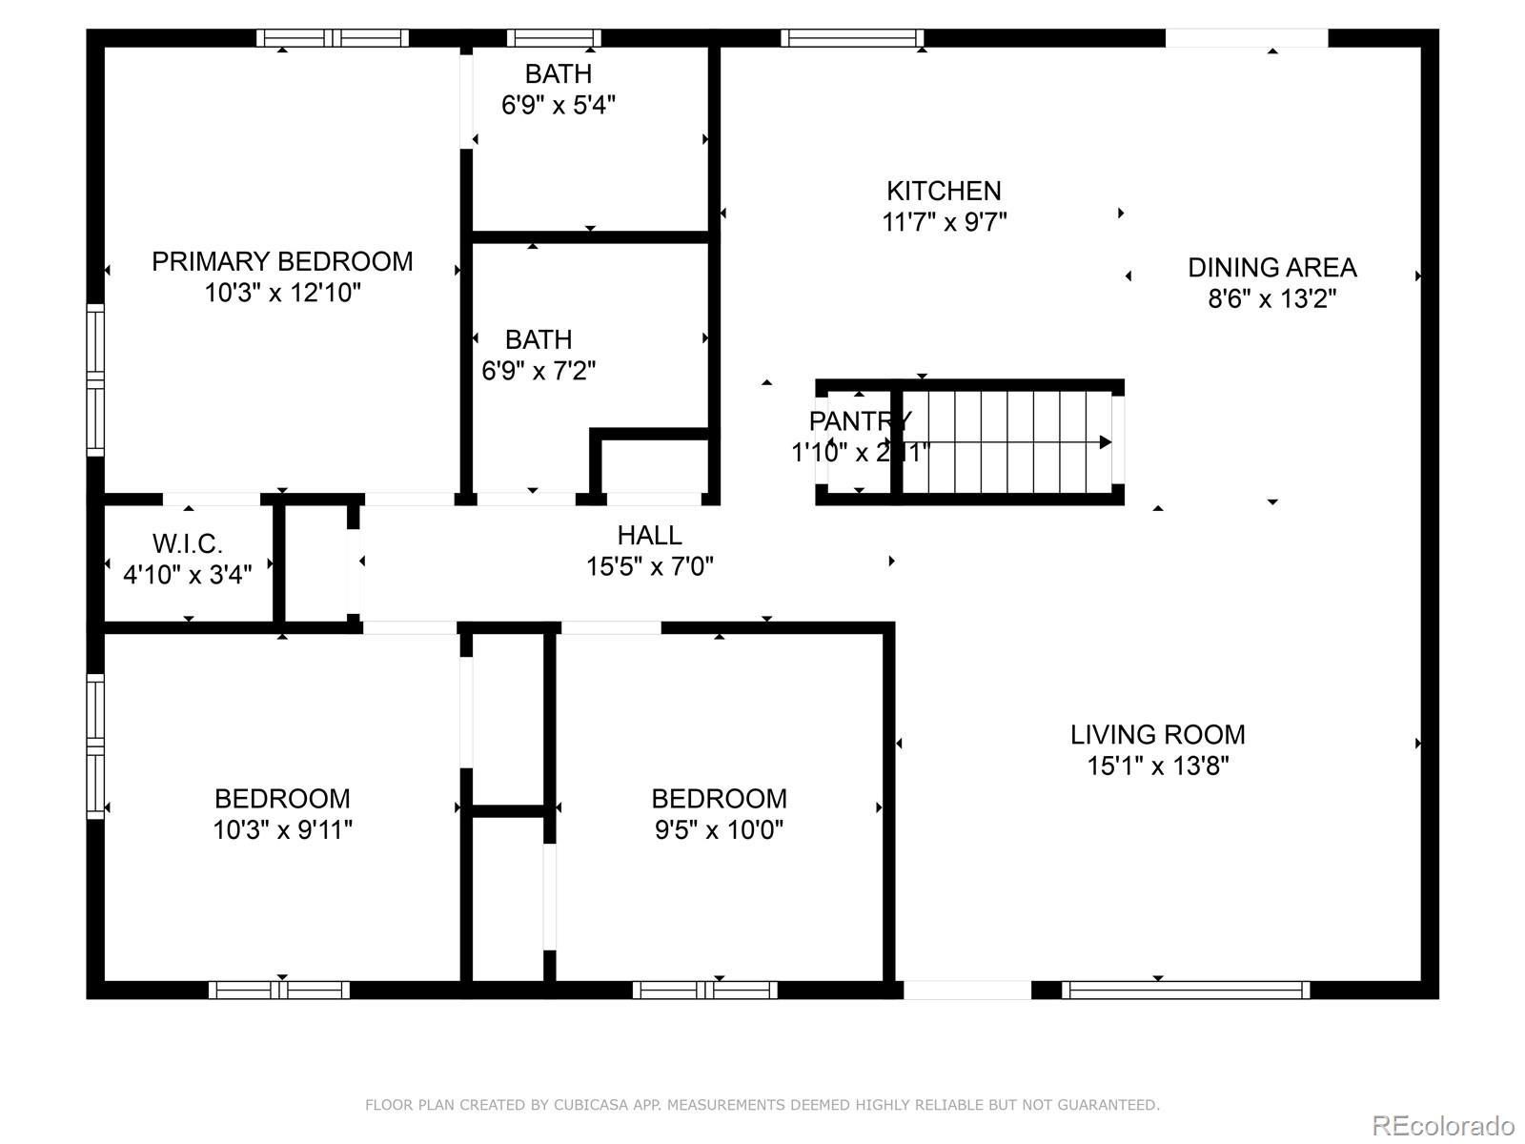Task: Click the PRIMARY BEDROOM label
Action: (x=282, y=261)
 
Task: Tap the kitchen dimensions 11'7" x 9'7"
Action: (x=944, y=222)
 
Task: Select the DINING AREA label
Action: (x=1271, y=268)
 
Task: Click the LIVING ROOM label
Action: (x=1157, y=735)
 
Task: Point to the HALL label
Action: (x=649, y=536)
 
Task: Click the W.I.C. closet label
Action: (x=187, y=544)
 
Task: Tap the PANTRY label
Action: (x=860, y=420)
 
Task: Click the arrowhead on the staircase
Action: (x=1105, y=442)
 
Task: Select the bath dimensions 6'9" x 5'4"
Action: (x=559, y=105)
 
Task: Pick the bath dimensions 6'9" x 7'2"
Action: (x=539, y=371)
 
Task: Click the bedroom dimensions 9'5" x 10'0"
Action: (x=719, y=829)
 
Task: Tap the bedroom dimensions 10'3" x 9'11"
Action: (x=282, y=829)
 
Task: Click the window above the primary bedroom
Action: (x=332, y=38)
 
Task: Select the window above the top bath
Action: (x=554, y=38)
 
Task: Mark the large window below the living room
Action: (x=1186, y=991)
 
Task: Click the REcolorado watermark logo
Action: (x=1443, y=1126)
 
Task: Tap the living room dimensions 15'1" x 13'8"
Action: (x=1157, y=766)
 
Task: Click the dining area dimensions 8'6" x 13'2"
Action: (x=1271, y=299)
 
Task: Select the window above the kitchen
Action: (x=852, y=38)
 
